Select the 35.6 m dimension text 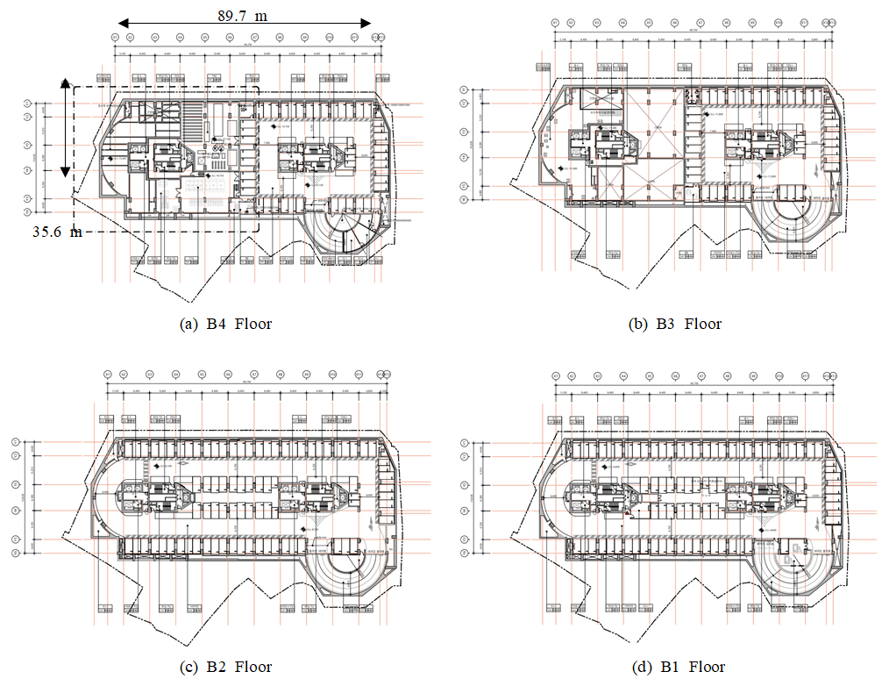pos(58,232)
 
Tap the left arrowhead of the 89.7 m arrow pos(123,24)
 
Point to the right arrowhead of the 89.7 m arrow pos(367,24)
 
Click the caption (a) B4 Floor pos(225,324)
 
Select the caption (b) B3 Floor pos(675,324)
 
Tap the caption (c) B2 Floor pos(225,667)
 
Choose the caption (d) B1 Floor pos(678,667)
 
